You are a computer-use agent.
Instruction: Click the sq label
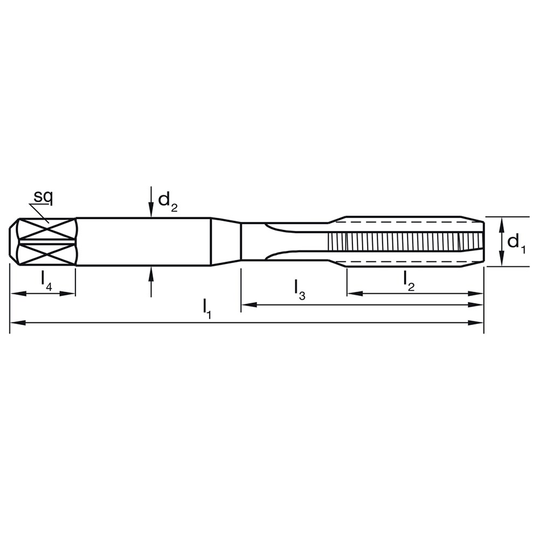click(43, 197)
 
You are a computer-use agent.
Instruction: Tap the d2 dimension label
click(168, 202)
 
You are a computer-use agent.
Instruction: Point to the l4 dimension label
click(46, 281)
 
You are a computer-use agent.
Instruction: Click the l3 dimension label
click(299, 290)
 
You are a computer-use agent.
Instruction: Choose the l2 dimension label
click(409, 281)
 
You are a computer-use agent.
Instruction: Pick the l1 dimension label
click(206, 308)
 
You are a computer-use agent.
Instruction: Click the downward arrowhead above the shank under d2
click(151, 210)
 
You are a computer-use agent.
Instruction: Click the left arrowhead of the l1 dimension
click(18, 323)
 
